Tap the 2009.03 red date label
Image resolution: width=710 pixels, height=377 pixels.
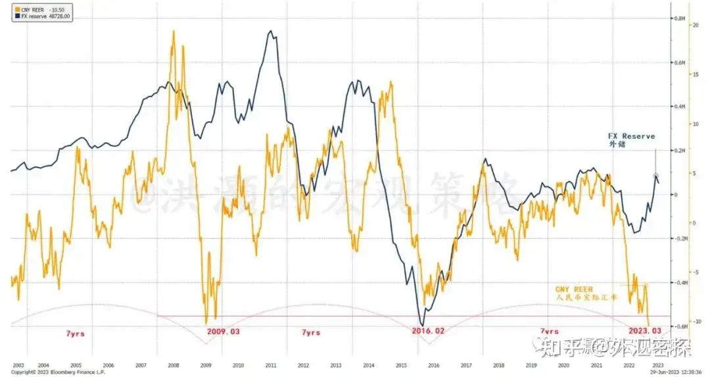(224, 332)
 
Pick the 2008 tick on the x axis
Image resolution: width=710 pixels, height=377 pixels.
(173, 365)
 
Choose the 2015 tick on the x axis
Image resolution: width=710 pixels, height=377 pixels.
(400, 365)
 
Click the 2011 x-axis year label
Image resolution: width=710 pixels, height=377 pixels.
(270, 365)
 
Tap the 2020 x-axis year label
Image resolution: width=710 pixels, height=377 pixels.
(563, 365)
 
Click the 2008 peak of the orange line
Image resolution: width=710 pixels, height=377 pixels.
(173, 31)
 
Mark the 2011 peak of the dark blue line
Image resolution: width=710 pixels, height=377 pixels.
(270, 31)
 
